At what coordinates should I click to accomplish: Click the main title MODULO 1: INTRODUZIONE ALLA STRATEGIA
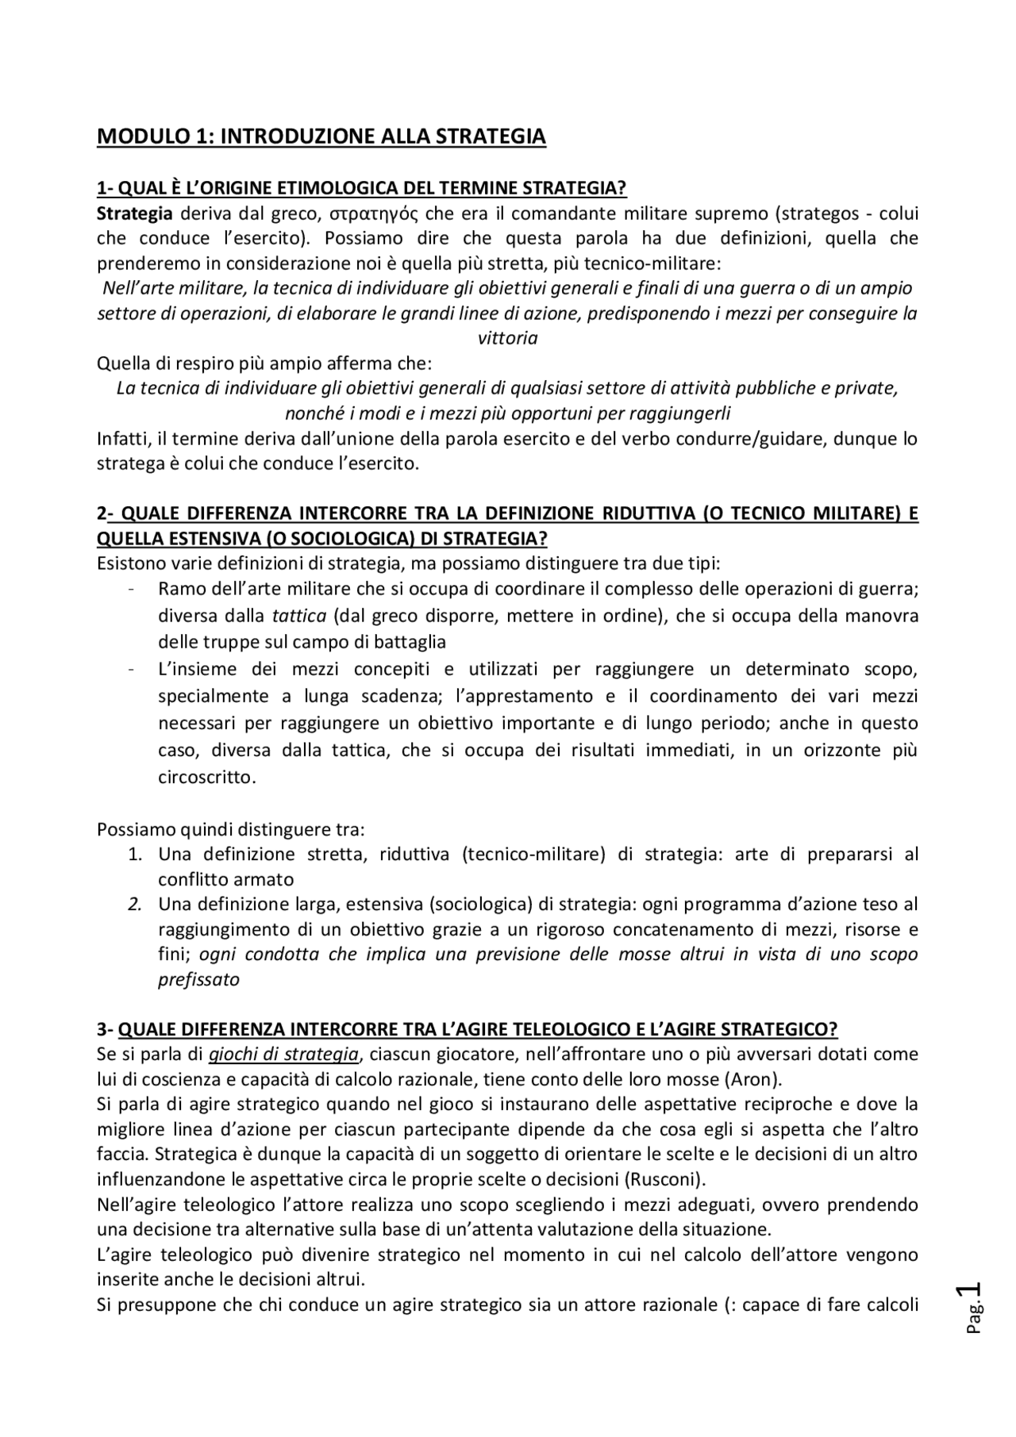coord(321,136)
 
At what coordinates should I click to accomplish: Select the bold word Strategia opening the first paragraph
coord(134,213)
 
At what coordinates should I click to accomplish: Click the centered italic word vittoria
coord(507,338)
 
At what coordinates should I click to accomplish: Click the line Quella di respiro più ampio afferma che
coord(264,363)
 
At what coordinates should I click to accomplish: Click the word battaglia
coord(406,641)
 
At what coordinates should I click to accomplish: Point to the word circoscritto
coord(206,777)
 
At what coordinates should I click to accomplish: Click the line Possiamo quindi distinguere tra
coord(230,830)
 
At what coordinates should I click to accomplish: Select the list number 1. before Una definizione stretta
coord(135,855)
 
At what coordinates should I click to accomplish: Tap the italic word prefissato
coord(198,979)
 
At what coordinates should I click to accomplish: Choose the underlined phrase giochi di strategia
coord(283,1054)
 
